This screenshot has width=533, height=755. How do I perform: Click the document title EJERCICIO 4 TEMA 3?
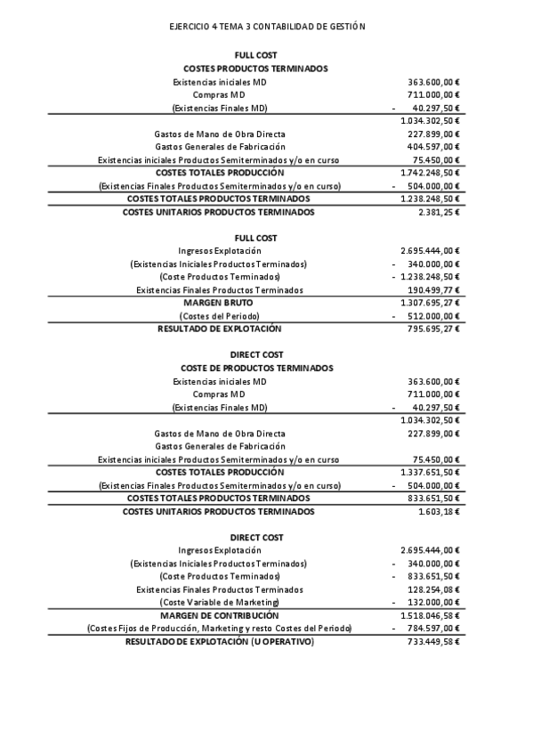click(267, 28)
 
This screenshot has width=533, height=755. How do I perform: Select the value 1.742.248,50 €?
click(431, 173)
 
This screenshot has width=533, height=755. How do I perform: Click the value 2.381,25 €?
click(439, 212)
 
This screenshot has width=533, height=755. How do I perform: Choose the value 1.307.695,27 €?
click(431, 303)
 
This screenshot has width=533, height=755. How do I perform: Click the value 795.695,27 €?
click(433, 329)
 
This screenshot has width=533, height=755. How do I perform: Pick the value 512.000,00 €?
click(433, 316)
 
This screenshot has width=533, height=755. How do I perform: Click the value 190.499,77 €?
click(433, 290)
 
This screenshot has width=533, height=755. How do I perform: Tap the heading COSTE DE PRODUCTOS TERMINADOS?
click(256, 368)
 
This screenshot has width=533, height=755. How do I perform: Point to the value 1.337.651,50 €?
click(431, 472)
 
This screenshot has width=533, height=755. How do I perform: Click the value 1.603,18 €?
click(439, 512)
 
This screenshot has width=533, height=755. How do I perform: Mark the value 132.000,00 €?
click(433, 603)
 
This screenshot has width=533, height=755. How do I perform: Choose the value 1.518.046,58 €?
click(431, 615)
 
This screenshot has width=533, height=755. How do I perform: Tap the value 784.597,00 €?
click(433, 629)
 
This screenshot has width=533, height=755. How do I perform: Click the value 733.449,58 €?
click(433, 641)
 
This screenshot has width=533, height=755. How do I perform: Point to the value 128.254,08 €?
click(433, 589)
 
